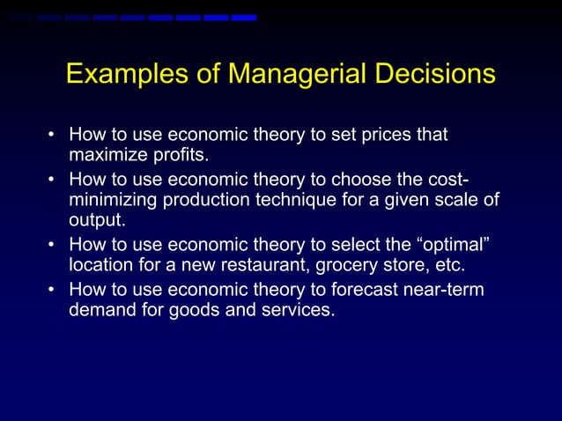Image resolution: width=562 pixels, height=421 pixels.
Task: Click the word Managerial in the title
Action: (x=281, y=74)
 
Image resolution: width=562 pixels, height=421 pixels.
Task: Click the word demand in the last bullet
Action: (x=104, y=310)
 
